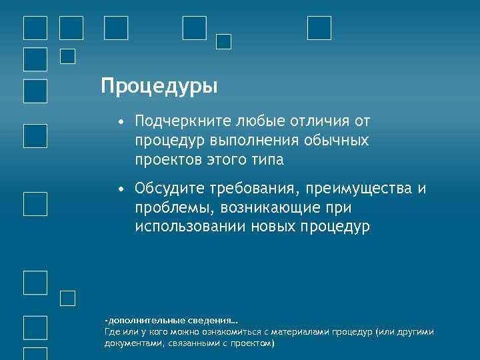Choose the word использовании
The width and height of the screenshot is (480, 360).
click(190, 227)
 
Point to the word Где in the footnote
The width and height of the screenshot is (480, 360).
click(111, 332)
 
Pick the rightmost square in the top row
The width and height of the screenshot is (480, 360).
click(319, 28)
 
